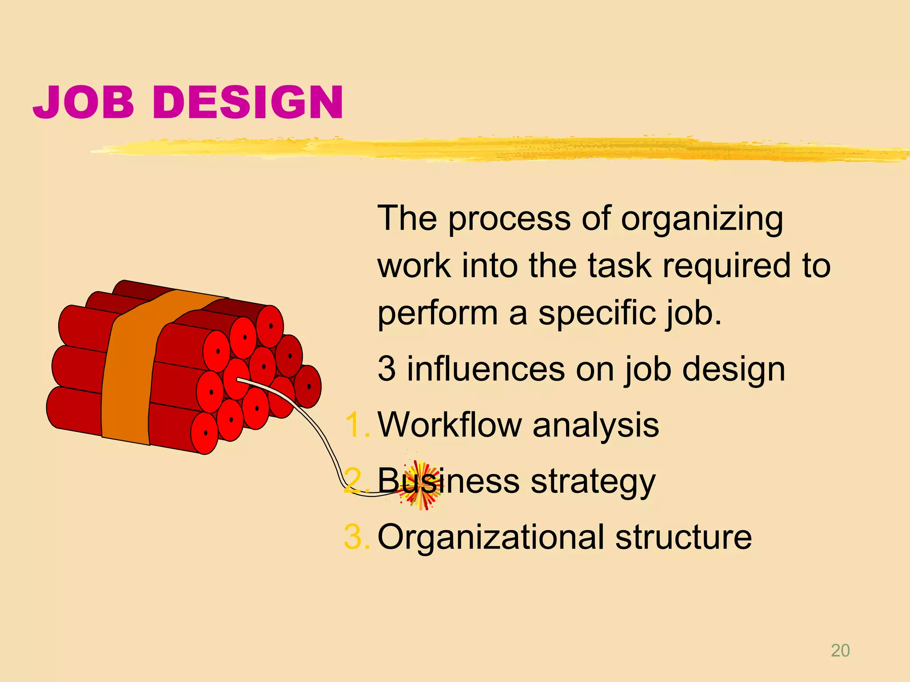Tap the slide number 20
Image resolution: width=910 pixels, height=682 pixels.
[840, 650]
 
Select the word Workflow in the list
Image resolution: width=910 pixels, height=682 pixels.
[449, 425]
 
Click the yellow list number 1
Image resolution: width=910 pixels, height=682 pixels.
[355, 425]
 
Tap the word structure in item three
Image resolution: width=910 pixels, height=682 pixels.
[683, 537]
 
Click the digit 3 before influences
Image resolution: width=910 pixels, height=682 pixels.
[387, 369]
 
